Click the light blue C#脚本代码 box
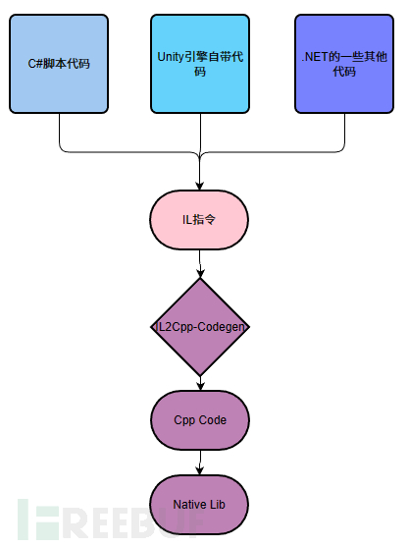pos(59,63)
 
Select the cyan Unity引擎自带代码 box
pos(200,63)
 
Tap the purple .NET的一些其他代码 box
pos(343,63)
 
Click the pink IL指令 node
pos(200,218)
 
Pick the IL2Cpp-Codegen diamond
pos(200,327)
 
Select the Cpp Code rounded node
pos(200,419)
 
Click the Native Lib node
pos(200,504)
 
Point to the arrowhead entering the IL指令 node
pos(200,186)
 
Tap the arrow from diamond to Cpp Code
pos(200,383)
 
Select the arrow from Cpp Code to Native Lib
pos(200,460)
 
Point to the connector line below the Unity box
pos(200,133)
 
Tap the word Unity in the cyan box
pos(172,57)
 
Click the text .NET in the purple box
pos(316,57)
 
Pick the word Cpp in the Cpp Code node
pos(185,419)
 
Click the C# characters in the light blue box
pos(34,63)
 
